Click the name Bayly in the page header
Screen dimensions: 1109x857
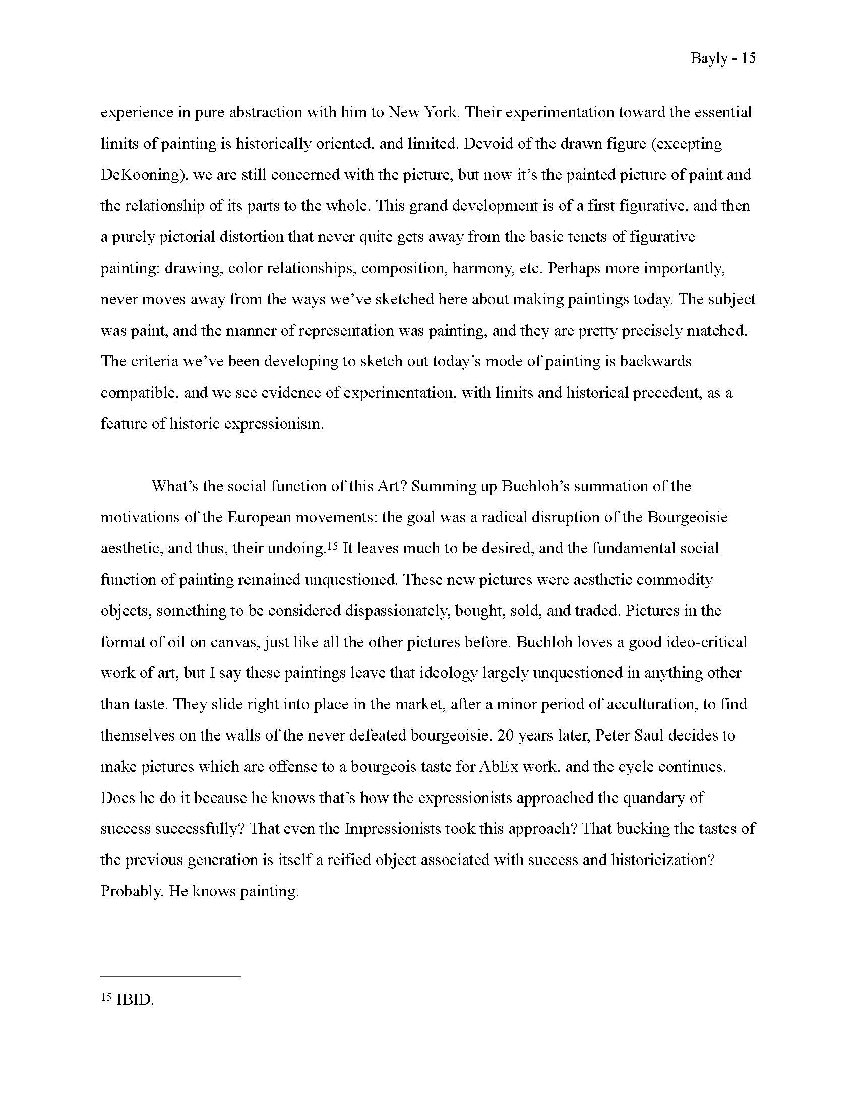pyautogui.click(x=709, y=59)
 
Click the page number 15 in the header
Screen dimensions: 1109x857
pyautogui.click(x=748, y=58)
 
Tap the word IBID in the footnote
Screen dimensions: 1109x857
pyautogui.click(x=135, y=1000)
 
